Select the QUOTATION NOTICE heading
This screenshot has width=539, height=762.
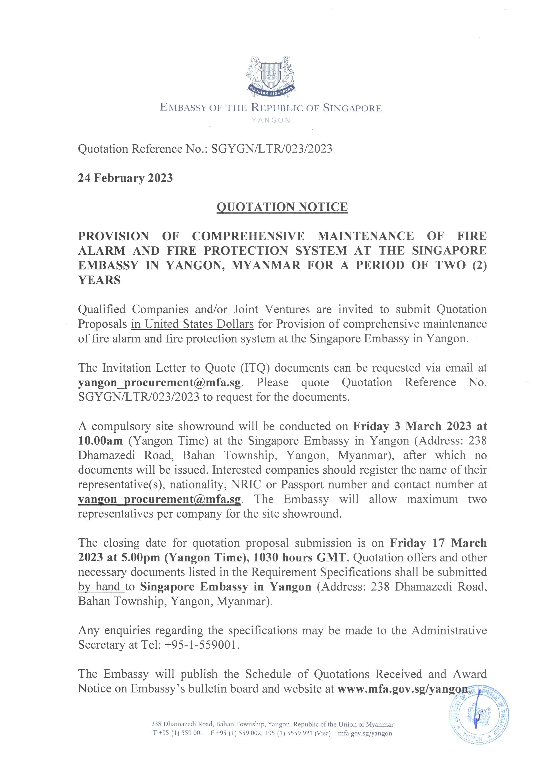pyautogui.click(x=282, y=207)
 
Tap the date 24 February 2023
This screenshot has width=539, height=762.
pyautogui.click(x=125, y=178)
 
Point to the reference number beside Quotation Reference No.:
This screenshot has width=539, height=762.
pyautogui.click(x=272, y=148)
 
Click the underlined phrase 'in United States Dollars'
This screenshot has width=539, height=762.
pyautogui.click(x=192, y=324)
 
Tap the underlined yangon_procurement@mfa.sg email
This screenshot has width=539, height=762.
pyautogui.click(x=159, y=499)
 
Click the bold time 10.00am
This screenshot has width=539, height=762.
pyautogui.click(x=100, y=441)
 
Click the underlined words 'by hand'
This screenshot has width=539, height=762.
pyautogui.click(x=100, y=587)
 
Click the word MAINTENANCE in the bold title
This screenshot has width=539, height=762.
pyautogui.click(x=366, y=236)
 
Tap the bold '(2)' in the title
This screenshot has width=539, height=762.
pyautogui.click(x=479, y=265)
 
